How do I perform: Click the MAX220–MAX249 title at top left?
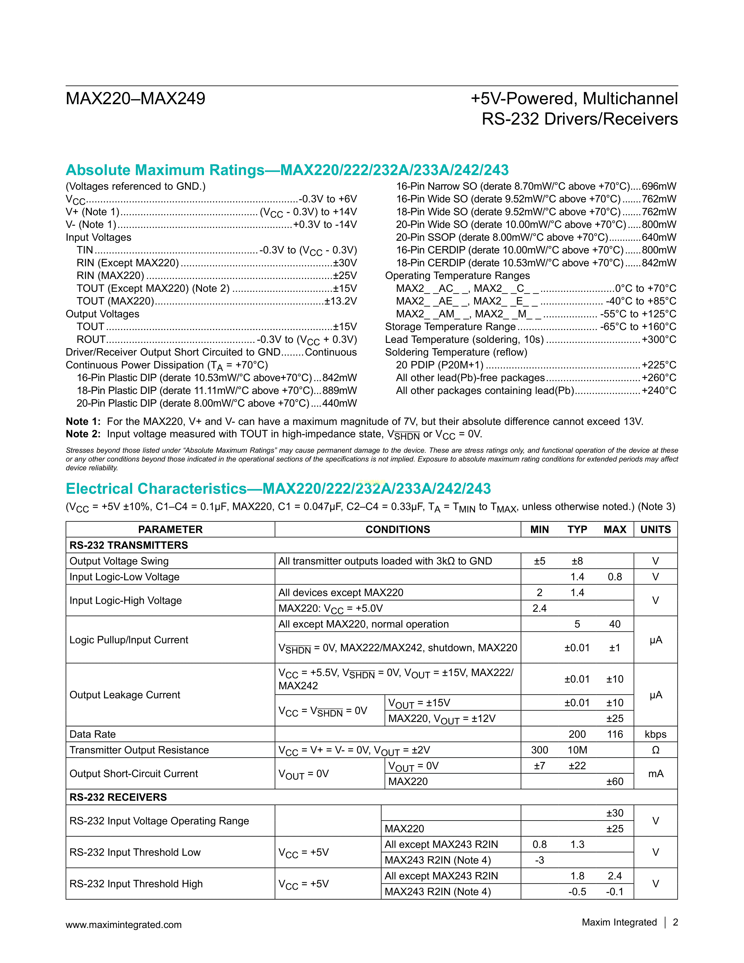click(x=135, y=98)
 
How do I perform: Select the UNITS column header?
click(x=655, y=530)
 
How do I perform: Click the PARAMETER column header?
click(x=170, y=530)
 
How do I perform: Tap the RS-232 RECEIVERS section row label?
click(x=118, y=797)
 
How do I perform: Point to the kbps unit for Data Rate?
click(x=655, y=734)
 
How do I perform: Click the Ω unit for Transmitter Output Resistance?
click(x=655, y=750)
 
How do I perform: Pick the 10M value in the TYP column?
click(x=577, y=750)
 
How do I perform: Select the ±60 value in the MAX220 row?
click(x=614, y=781)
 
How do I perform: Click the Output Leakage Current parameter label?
click(x=125, y=695)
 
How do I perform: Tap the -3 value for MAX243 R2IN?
click(x=539, y=860)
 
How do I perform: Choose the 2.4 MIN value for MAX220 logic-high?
click(x=539, y=608)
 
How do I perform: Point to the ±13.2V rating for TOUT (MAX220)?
click(x=340, y=301)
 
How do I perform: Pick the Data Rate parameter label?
click(x=92, y=734)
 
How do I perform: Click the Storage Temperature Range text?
click(x=450, y=327)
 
